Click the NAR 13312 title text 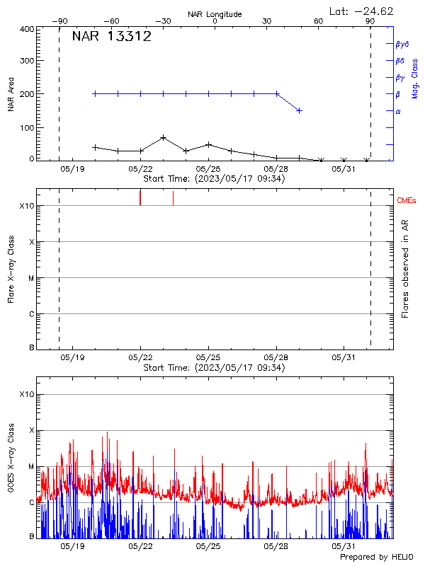click(x=111, y=37)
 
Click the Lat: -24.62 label click(x=362, y=11)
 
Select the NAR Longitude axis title click(x=215, y=14)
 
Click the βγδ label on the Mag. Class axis click(x=402, y=44)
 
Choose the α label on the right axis click(x=398, y=111)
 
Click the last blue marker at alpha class click(x=300, y=110)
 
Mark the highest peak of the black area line click(x=164, y=138)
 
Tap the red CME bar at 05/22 click(x=140, y=197)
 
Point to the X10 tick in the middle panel click(x=26, y=206)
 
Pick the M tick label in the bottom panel click(x=30, y=467)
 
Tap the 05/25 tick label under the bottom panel click(x=208, y=547)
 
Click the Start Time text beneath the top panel click(x=214, y=180)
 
